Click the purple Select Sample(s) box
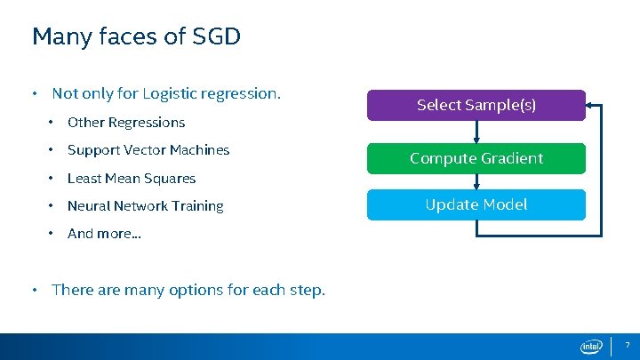(x=476, y=105)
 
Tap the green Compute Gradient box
(x=476, y=158)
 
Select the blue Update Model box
(x=476, y=204)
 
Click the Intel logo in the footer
(x=591, y=347)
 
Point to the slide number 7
(x=627, y=345)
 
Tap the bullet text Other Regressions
(x=126, y=123)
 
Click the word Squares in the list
(x=173, y=179)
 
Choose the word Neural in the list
(x=88, y=206)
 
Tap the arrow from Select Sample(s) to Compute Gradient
(x=477, y=132)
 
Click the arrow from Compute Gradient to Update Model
(x=477, y=181)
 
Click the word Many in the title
(x=57, y=36)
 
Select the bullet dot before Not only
(x=34, y=93)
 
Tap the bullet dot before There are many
(x=34, y=290)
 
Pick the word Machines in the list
(x=200, y=150)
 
